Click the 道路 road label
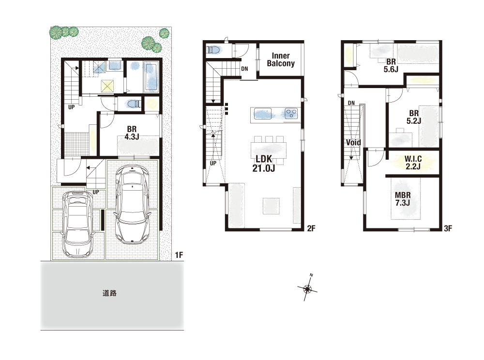click(109, 293)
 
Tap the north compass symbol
click(307, 288)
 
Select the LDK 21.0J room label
click(264, 164)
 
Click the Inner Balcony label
click(281, 60)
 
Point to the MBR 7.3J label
click(403, 199)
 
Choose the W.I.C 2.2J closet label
click(413, 163)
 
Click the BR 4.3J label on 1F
click(132, 133)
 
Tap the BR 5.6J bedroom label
click(391, 65)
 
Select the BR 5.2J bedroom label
click(414, 117)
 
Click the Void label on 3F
click(353, 143)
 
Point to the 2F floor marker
click(311, 228)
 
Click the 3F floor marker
click(448, 228)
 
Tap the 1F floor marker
click(179, 255)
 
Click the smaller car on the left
click(77, 224)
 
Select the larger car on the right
click(133, 204)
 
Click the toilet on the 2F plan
click(213, 50)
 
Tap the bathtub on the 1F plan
click(151, 77)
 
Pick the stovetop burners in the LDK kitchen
click(291, 113)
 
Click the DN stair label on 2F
click(244, 69)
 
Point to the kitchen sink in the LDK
click(262, 114)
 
